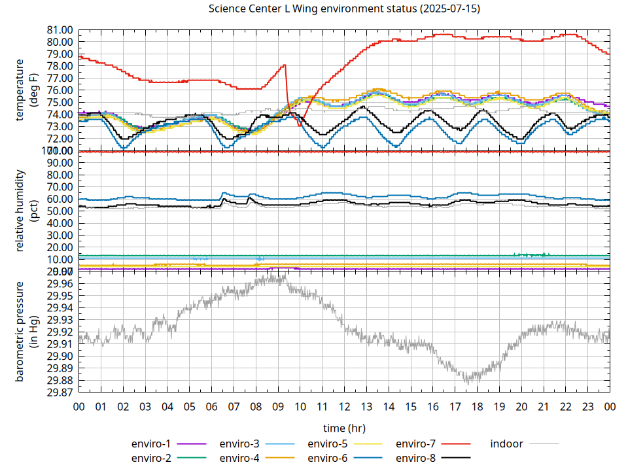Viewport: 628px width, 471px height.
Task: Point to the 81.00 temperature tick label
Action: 58,30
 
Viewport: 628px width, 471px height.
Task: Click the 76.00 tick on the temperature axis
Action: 58,90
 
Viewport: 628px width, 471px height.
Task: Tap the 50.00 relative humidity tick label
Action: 58,211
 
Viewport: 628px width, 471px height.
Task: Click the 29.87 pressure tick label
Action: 58,392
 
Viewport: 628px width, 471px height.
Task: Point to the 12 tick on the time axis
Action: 344,407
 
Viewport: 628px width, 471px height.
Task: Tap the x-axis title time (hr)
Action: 344,428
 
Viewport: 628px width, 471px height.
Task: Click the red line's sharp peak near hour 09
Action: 285,65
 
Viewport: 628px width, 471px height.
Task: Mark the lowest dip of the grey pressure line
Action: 466,381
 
